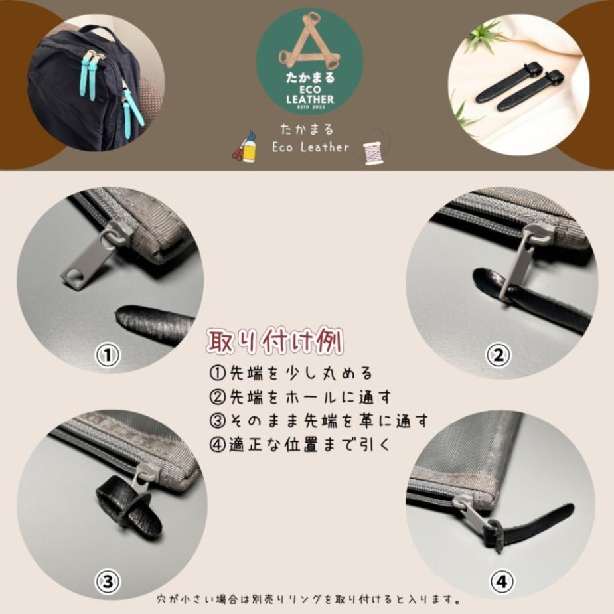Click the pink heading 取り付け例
275,341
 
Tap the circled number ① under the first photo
108,355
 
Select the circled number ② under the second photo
498,356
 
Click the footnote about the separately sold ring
309,599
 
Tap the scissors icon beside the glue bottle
238,152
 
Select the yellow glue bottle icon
250,147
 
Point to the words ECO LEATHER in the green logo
310,94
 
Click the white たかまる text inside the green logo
310,77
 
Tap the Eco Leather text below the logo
310,147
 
